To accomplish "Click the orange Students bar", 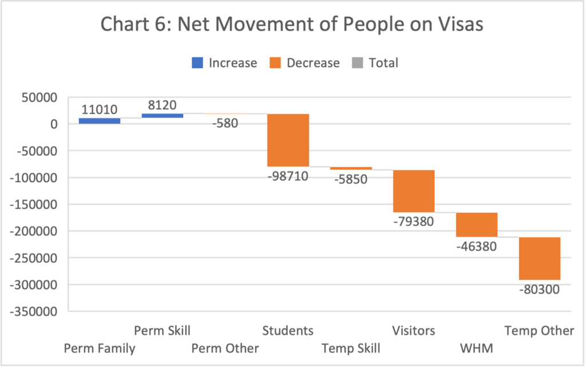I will (x=288, y=140).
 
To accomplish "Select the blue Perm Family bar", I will (x=100, y=121).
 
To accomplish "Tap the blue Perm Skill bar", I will (x=163, y=116).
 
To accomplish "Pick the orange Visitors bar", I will (x=414, y=191).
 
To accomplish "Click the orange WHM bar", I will (x=477, y=224).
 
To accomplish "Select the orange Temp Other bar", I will (x=540, y=258).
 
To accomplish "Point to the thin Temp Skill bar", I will (x=351, y=168).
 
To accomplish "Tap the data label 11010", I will (x=100, y=109).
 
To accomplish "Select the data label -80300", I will (x=539, y=289).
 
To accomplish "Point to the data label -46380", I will (x=476, y=247).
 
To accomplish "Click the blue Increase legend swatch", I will (x=197, y=62).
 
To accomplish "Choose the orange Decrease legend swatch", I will (x=275, y=62).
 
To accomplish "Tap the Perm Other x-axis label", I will (x=225, y=349).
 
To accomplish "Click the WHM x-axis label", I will (x=476, y=349).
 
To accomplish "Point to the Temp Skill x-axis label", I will (x=351, y=349).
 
